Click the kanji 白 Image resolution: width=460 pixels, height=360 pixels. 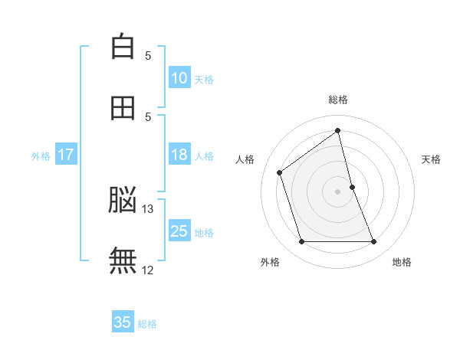(x=123, y=46)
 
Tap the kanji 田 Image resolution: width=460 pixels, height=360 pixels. (x=123, y=108)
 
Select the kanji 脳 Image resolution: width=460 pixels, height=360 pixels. (x=123, y=199)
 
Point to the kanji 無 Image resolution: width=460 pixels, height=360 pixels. (x=123, y=260)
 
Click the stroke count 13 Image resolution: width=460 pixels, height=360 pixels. (x=147, y=209)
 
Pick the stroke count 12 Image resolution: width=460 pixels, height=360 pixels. (x=147, y=270)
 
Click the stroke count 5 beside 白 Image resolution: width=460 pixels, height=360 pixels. (x=148, y=56)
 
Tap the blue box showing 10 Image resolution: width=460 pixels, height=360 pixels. (x=180, y=77)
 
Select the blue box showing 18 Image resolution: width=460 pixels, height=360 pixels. (x=180, y=154)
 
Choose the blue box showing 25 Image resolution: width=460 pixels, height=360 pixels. (x=180, y=230)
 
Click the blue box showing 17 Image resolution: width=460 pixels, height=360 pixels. (x=66, y=154)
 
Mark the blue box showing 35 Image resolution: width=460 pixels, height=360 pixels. (x=123, y=321)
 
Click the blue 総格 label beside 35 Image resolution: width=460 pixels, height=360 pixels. (x=147, y=324)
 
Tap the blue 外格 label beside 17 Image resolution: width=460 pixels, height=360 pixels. (x=41, y=156)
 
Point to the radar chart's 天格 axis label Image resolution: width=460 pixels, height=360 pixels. (x=431, y=159)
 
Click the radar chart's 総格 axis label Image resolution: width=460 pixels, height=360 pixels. (x=338, y=100)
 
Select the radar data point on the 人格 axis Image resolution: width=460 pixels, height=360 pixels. (x=280, y=172)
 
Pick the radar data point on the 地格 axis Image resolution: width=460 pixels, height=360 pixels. (x=374, y=241)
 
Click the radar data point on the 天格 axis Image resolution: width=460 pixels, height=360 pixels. (x=353, y=187)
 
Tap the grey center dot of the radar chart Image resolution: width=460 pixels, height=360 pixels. (x=337, y=191)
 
